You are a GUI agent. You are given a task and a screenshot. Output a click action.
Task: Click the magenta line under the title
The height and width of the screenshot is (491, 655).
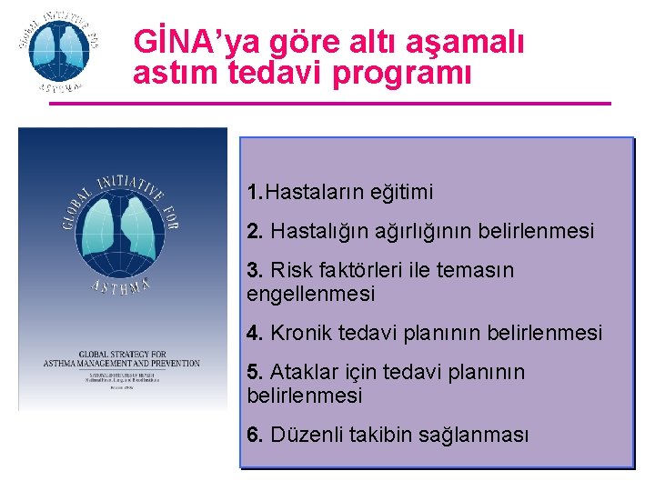coord(329,104)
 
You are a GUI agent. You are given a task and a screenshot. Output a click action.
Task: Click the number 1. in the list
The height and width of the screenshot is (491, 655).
coord(255,193)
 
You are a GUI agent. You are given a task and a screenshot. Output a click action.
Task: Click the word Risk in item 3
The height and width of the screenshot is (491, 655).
coord(291,271)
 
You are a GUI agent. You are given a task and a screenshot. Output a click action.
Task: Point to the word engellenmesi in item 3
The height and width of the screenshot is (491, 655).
coord(310,295)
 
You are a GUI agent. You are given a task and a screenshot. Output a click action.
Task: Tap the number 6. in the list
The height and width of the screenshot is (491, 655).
coord(255,436)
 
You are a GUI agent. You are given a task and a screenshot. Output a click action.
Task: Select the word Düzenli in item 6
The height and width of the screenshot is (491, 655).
coord(308,436)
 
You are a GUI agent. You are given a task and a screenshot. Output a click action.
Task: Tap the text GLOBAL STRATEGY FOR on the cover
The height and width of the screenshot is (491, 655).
coord(121,353)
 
